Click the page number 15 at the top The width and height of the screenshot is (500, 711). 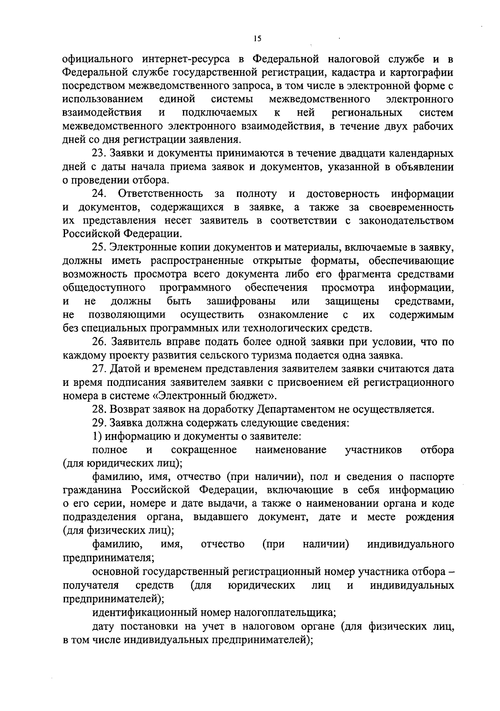point(257,39)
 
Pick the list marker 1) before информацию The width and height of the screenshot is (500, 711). point(96,437)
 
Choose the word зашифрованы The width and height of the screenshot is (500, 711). point(241,301)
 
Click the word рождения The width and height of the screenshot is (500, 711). point(431,517)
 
